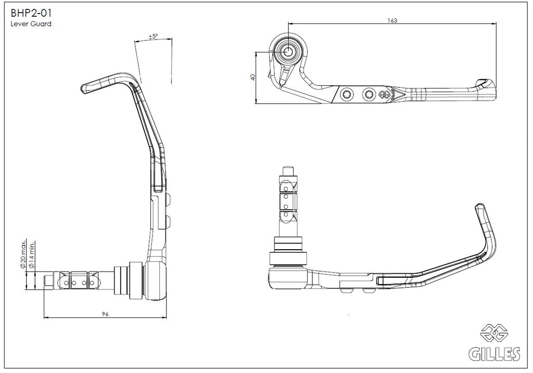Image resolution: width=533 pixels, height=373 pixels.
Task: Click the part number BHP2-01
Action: pyautogui.click(x=31, y=13)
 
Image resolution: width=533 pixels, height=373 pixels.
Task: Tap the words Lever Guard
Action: pyautogui.click(x=31, y=24)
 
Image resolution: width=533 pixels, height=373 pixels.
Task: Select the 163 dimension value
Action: pyautogui.click(x=392, y=20)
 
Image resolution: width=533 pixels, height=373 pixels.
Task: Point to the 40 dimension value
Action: pyautogui.click(x=252, y=77)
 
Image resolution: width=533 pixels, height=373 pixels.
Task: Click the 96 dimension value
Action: pyautogui.click(x=105, y=314)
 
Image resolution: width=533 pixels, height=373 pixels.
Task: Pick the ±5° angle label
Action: pyautogui.click(x=154, y=36)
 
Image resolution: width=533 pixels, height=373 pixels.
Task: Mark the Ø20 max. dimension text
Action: pyautogui.click(x=23, y=254)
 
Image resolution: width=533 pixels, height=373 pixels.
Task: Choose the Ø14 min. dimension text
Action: pyautogui.click(x=32, y=255)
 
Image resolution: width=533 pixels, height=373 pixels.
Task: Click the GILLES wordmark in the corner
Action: pyautogui.click(x=494, y=354)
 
